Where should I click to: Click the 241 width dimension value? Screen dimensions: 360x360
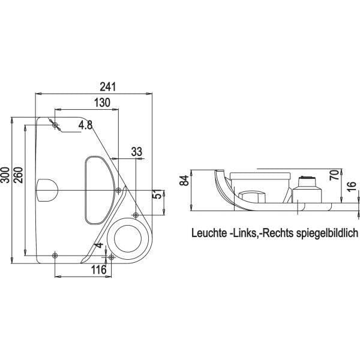point(107,87)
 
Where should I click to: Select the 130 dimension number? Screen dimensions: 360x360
point(103,103)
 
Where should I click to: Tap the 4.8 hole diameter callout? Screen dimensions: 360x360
point(85,125)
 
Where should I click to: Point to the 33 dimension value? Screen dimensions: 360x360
point(137,152)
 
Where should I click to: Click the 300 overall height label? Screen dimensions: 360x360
point(5,175)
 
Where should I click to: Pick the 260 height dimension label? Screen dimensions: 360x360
point(19,175)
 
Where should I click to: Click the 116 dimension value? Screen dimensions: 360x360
point(99,270)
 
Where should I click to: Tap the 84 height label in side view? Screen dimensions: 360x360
point(184,180)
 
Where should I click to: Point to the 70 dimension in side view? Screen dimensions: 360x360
point(334,175)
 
